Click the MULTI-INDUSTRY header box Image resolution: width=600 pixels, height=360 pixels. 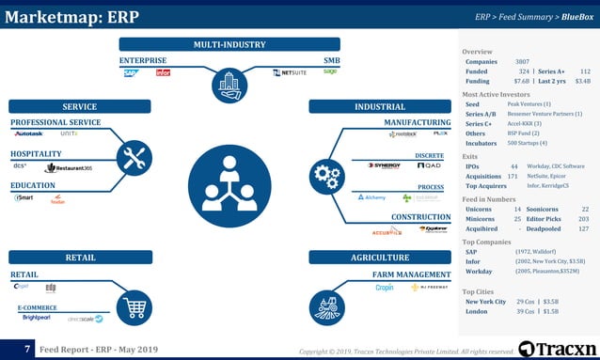[x=229, y=44]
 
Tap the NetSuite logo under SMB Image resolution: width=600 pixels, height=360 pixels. [x=289, y=72]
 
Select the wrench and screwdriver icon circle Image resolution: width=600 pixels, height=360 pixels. [x=134, y=159]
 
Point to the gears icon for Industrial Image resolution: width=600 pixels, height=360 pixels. [x=326, y=174]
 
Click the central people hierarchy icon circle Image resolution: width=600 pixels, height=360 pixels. [x=230, y=185]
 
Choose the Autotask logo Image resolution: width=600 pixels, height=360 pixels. [x=29, y=133]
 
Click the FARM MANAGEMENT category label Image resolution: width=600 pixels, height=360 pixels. [x=412, y=274]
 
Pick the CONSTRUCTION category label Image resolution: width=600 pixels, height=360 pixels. [x=420, y=216]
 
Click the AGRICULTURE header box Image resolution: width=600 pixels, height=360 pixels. [x=380, y=258]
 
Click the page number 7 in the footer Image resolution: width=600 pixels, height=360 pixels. [x=27, y=350]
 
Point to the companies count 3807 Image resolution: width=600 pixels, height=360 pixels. [x=522, y=62]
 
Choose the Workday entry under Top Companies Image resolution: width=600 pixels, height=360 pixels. [x=478, y=272]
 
